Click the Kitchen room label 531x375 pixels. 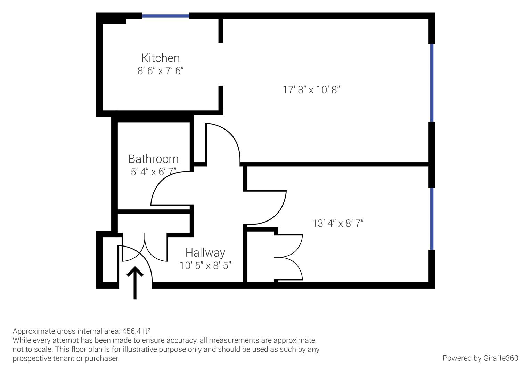tap(160, 58)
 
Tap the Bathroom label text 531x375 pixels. tap(153, 159)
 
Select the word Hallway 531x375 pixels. tap(205, 252)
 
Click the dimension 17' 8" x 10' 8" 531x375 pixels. tap(311, 90)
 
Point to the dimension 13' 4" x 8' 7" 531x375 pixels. tap(338, 223)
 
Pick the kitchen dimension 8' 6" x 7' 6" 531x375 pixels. tap(160, 71)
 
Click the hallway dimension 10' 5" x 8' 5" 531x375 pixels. tap(205, 266)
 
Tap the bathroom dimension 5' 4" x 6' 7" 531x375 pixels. tap(153, 172)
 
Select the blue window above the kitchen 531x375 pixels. tap(165, 16)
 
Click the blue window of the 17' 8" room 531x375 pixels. tap(432, 83)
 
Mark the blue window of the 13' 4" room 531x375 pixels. tap(432, 219)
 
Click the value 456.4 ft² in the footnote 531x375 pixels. tap(136, 331)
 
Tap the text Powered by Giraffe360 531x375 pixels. tap(480, 358)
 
